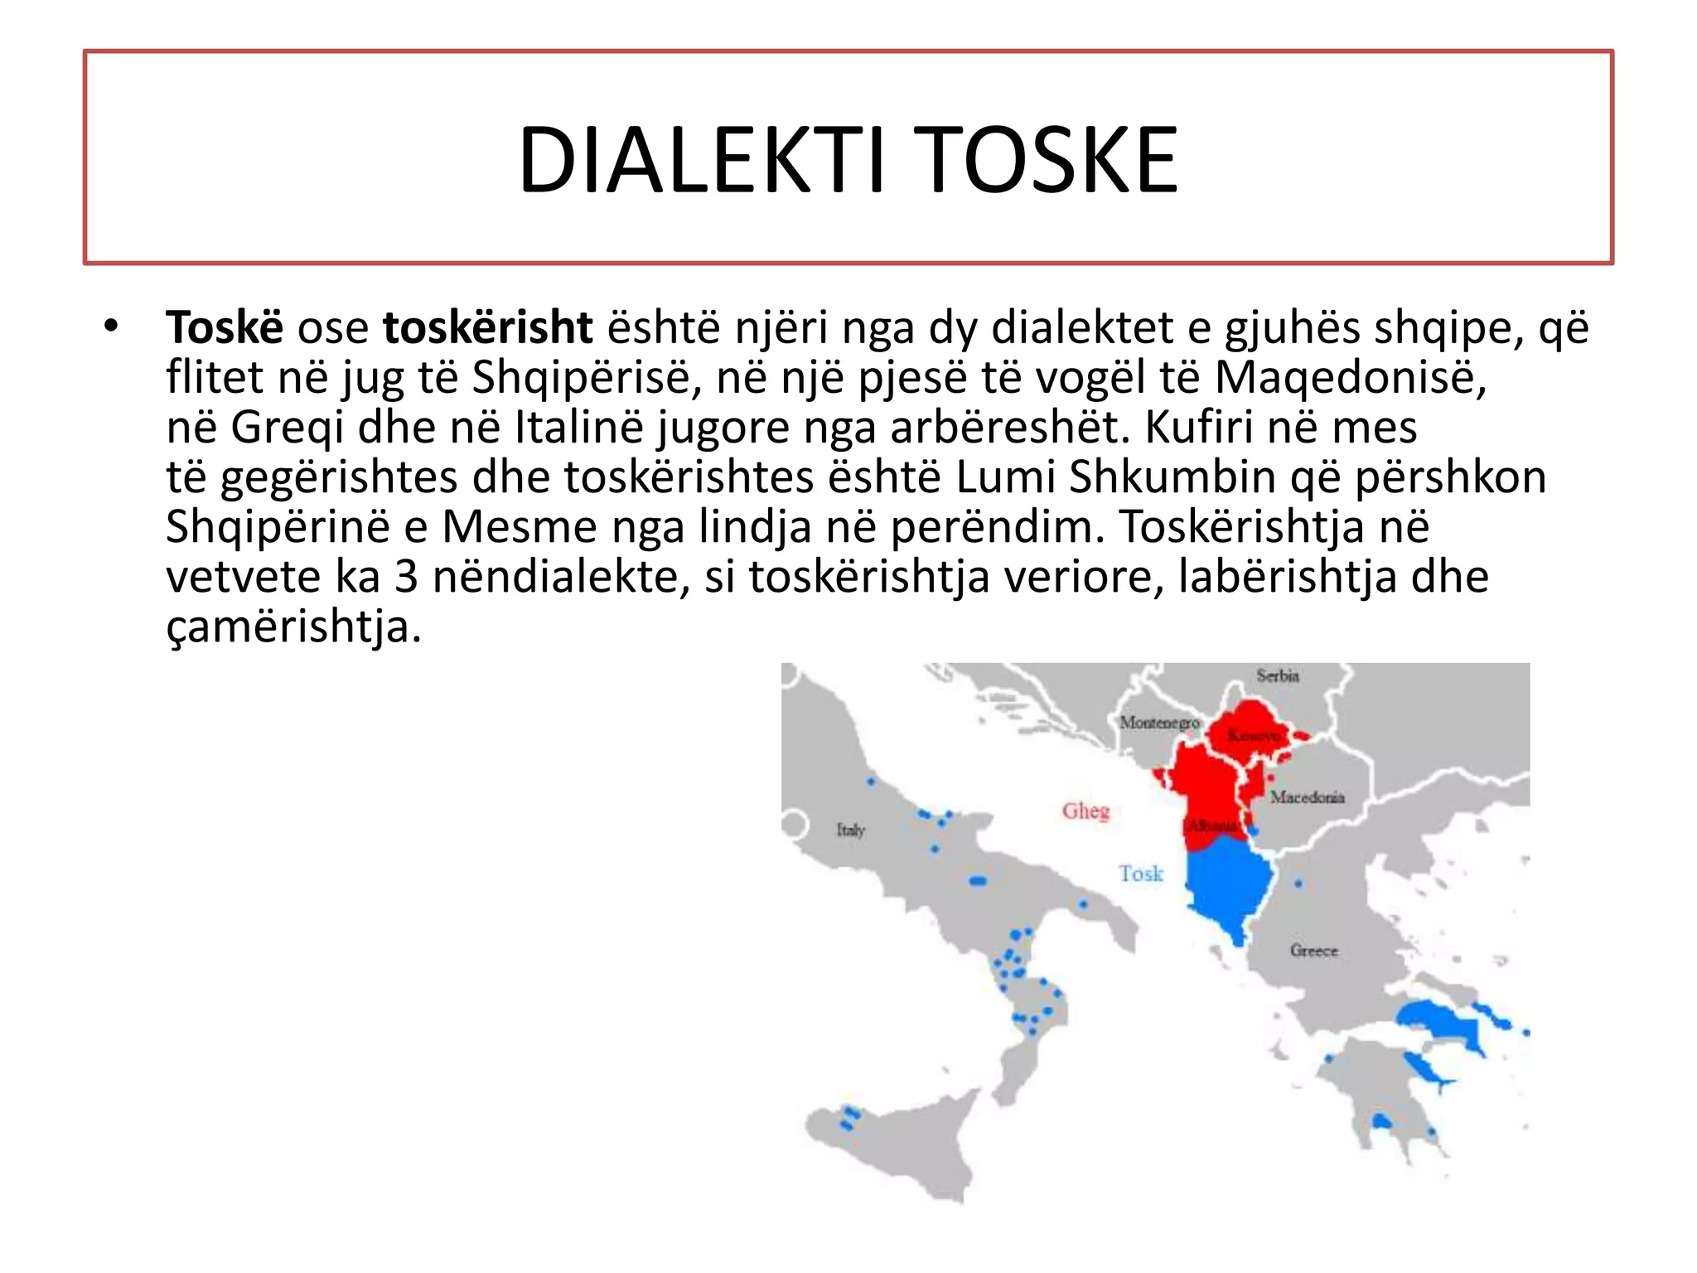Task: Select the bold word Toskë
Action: (x=225, y=327)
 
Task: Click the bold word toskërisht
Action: (x=487, y=327)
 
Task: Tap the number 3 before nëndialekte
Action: (x=405, y=577)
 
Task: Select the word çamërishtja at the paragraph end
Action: (x=293, y=627)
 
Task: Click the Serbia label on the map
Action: (x=1277, y=676)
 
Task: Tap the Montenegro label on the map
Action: (x=1159, y=723)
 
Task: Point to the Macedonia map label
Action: (x=1307, y=797)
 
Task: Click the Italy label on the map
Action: (x=850, y=830)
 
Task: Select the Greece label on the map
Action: (x=1313, y=951)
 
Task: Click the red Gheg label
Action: (x=1085, y=811)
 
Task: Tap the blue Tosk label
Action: (x=1141, y=874)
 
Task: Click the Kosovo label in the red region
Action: (x=1252, y=735)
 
